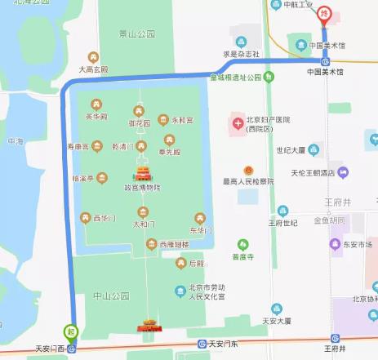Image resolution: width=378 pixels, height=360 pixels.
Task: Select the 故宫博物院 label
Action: [x=142, y=188]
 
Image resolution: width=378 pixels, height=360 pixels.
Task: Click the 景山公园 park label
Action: [x=136, y=34]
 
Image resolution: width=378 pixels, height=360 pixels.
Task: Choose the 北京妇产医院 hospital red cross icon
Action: [x=238, y=122]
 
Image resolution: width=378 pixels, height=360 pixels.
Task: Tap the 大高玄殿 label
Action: [x=93, y=70]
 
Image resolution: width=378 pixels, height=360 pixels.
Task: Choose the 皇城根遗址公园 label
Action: [x=234, y=78]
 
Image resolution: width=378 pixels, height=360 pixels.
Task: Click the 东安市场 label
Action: [x=358, y=244]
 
